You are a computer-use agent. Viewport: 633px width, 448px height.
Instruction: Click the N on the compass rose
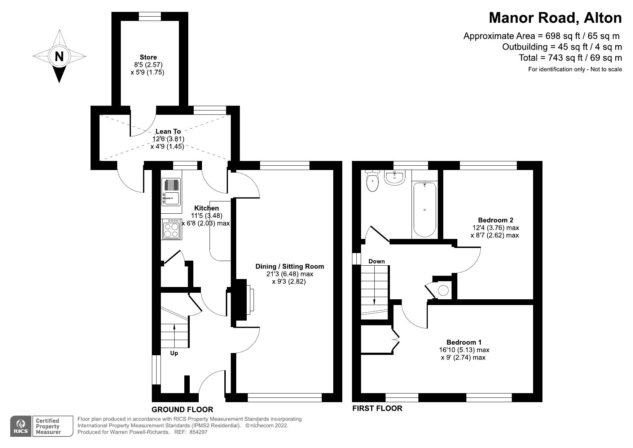click(x=59, y=57)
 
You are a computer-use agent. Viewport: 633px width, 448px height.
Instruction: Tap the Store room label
click(x=148, y=57)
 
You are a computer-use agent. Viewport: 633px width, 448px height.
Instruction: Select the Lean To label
click(x=168, y=131)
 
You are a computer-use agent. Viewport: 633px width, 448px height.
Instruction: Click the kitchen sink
click(x=171, y=192)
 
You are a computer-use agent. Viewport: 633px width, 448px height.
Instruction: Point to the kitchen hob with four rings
click(x=171, y=229)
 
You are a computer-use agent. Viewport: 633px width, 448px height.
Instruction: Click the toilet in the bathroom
click(x=372, y=181)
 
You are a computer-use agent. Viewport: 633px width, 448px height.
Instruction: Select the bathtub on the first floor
click(x=425, y=210)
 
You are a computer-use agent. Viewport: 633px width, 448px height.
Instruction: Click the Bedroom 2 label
click(x=495, y=220)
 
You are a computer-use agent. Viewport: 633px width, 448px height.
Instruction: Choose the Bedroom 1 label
click(x=464, y=342)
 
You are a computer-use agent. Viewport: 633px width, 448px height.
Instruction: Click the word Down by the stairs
click(x=377, y=261)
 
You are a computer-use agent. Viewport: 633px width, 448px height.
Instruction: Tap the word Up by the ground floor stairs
click(x=174, y=353)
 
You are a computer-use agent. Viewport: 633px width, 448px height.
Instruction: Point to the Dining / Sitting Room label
click(x=290, y=266)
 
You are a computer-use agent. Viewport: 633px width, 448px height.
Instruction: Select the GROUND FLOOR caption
click(x=183, y=409)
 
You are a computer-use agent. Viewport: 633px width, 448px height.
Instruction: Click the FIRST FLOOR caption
click(x=377, y=408)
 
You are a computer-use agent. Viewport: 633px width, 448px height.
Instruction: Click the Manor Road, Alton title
click(x=555, y=17)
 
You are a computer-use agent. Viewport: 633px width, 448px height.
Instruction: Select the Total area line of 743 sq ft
click(x=570, y=58)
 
